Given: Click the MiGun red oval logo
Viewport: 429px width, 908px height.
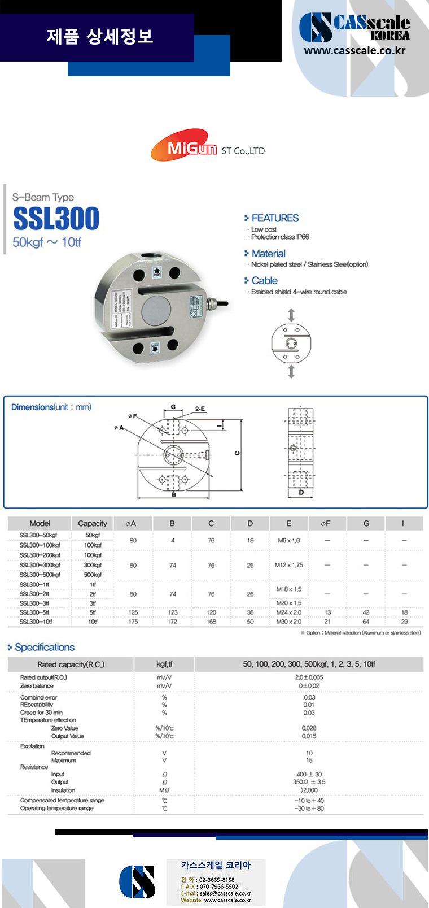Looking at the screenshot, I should click(x=184, y=146).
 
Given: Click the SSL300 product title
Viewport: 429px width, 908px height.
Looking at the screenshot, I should click(x=56, y=219).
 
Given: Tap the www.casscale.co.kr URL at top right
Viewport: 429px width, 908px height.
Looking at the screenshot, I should click(x=354, y=50).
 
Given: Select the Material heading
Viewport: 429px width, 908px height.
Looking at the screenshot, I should click(x=268, y=254).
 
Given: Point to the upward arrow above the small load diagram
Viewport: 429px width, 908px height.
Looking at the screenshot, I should click(x=291, y=315).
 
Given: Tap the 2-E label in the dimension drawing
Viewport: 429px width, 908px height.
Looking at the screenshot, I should click(x=200, y=409).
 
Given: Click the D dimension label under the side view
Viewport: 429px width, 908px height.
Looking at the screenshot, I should click(x=301, y=493).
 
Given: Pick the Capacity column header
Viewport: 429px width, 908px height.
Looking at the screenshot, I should click(x=93, y=523).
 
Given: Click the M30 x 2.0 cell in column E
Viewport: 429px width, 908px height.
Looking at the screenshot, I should click(x=289, y=622).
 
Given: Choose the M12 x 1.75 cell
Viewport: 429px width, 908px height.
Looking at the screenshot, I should click(x=289, y=565).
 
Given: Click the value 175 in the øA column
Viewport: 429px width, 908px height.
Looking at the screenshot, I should click(x=133, y=622).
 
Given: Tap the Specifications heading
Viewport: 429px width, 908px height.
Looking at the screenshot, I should click(x=45, y=648).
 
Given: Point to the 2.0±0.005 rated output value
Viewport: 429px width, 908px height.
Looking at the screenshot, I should click(x=309, y=677).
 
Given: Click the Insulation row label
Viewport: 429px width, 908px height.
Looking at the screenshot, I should click(x=63, y=790).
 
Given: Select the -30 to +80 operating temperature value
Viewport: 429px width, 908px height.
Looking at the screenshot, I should click(x=309, y=809).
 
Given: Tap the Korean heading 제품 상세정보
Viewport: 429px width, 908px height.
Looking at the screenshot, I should click(x=100, y=37).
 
